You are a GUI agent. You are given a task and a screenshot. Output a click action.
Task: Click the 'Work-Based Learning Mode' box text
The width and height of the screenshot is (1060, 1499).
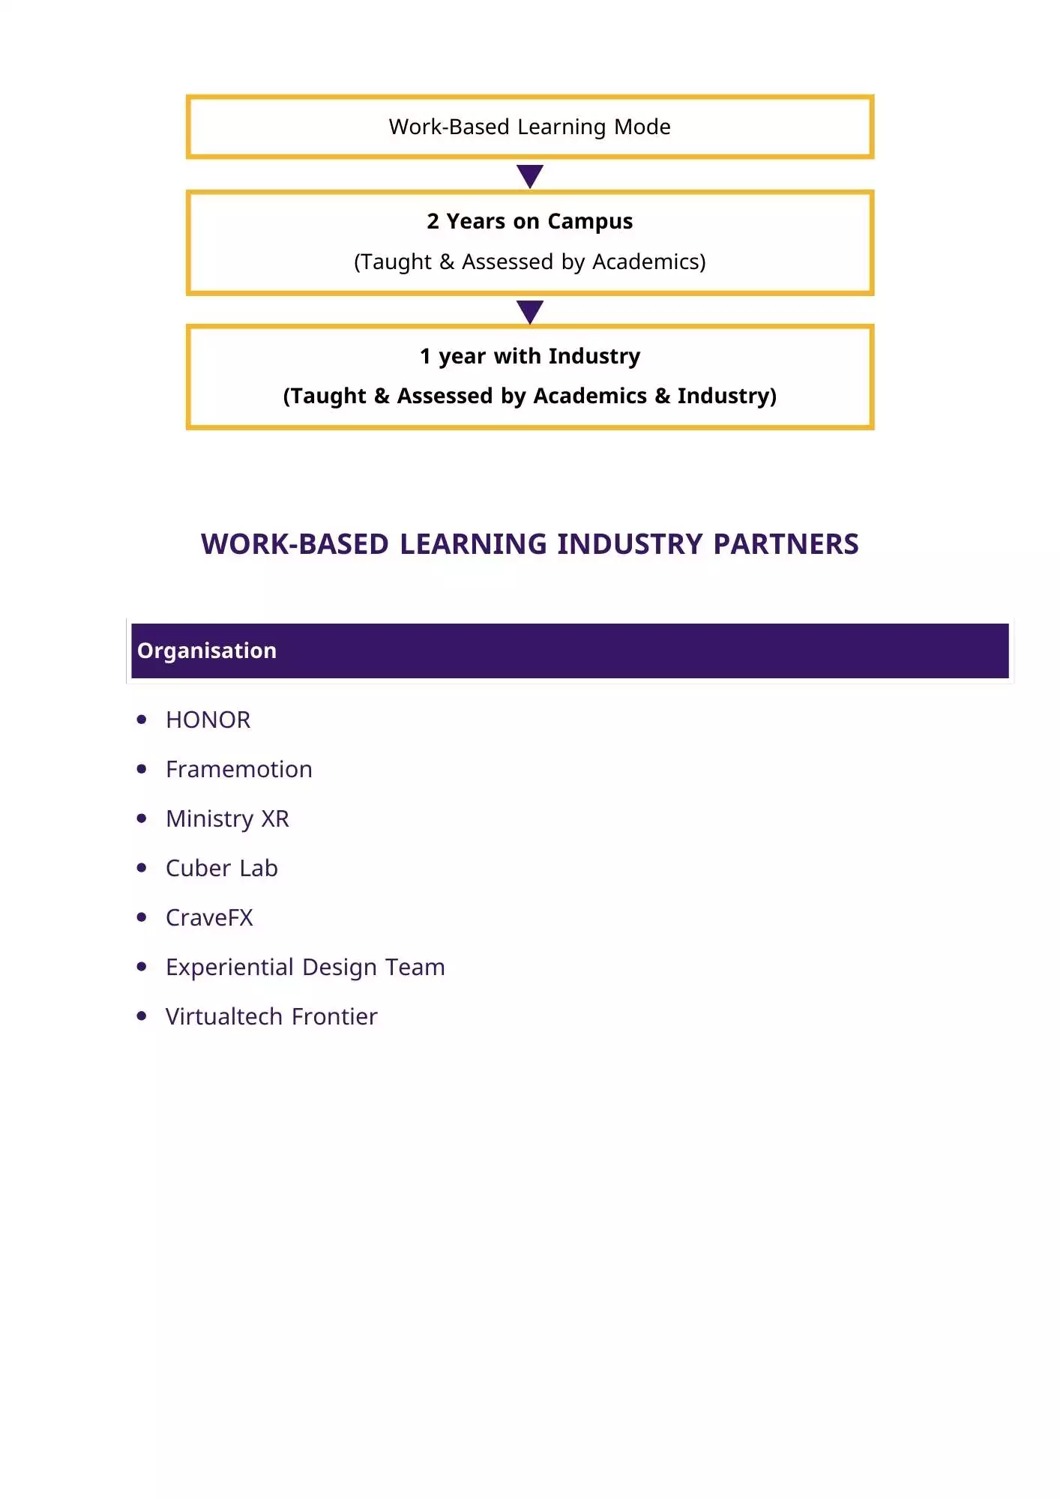(x=529, y=127)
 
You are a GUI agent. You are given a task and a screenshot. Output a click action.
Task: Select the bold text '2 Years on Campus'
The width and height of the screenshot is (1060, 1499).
(x=529, y=221)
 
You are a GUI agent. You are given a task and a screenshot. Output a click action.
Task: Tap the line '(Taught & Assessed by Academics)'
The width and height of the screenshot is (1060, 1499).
(x=529, y=262)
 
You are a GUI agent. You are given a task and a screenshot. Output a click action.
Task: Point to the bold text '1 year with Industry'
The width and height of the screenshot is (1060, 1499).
(x=529, y=356)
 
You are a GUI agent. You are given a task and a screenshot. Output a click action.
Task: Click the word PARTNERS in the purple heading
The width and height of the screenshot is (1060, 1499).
(x=786, y=544)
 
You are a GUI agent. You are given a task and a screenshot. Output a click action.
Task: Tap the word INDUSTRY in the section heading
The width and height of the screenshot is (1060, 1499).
(x=631, y=544)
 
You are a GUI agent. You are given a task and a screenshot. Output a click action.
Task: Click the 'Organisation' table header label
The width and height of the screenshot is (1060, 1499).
(x=207, y=651)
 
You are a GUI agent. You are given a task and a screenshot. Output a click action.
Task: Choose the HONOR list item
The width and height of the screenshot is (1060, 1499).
(x=208, y=720)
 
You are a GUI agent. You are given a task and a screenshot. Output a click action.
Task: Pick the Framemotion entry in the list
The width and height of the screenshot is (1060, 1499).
(x=238, y=769)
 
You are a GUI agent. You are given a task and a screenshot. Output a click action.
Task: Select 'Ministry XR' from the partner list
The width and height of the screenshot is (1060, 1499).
(x=227, y=818)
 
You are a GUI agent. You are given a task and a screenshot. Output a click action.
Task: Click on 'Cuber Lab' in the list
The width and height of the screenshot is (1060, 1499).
(x=221, y=868)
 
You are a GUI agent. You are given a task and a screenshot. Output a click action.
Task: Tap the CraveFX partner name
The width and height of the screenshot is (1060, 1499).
(x=209, y=917)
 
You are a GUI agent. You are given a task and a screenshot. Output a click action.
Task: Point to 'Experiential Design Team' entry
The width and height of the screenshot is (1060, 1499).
(x=305, y=967)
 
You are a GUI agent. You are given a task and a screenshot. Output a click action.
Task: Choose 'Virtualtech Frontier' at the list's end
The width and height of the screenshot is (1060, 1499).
(x=271, y=1016)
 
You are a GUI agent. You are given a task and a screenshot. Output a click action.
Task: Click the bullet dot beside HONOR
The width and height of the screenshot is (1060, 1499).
(x=142, y=720)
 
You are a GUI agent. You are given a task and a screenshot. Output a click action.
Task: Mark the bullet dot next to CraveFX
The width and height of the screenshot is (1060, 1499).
(x=142, y=917)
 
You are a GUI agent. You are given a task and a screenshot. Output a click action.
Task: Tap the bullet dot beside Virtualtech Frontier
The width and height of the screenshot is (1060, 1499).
(x=142, y=1016)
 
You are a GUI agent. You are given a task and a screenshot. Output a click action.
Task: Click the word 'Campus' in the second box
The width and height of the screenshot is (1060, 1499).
(x=590, y=222)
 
